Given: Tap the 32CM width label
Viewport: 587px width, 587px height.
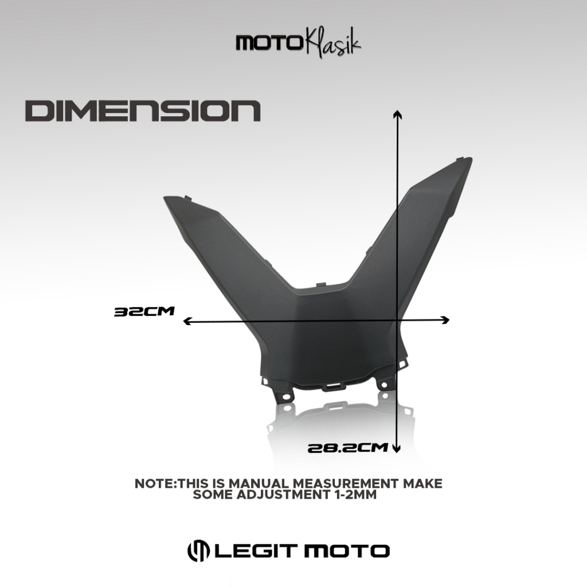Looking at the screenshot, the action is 144,312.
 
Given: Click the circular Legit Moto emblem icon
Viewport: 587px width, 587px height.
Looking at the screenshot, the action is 198,551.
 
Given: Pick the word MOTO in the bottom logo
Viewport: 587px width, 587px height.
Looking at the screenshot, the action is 346,551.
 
